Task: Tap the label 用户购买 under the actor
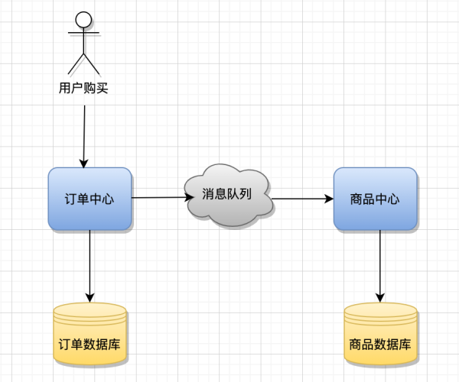click(x=83, y=88)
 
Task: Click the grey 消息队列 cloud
click(x=227, y=196)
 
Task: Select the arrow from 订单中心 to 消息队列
click(x=161, y=198)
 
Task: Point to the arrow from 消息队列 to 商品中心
click(x=302, y=199)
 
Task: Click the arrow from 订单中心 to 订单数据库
click(x=90, y=264)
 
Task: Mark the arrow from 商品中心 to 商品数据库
click(x=380, y=264)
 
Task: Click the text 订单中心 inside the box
click(x=90, y=199)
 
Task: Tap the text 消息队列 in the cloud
click(x=227, y=194)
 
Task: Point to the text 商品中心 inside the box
click(x=375, y=199)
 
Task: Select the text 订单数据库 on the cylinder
click(x=90, y=344)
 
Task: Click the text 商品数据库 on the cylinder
click(x=380, y=344)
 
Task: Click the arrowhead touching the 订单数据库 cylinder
click(x=90, y=297)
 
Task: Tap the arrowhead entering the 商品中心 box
click(x=329, y=199)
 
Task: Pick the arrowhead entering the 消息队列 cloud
click(x=190, y=197)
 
